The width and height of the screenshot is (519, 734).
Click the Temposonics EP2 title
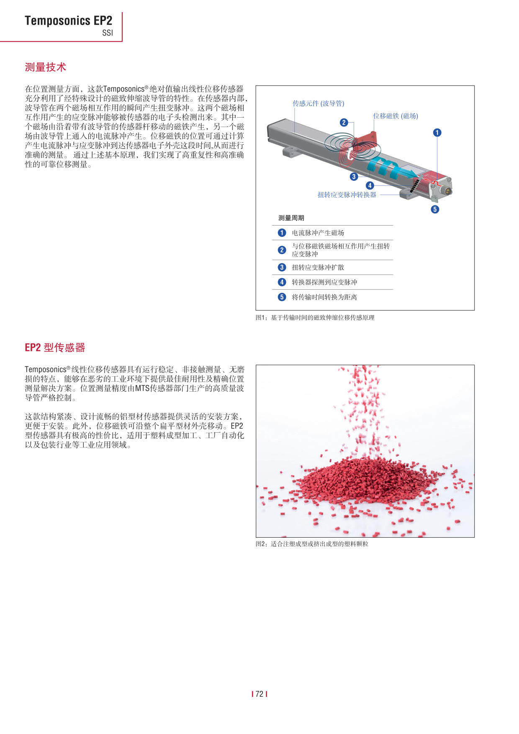point(68,21)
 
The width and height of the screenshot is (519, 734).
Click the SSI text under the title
point(107,33)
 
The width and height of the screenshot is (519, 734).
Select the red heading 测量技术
point(45,67)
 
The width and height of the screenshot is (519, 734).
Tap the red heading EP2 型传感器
point(55,347)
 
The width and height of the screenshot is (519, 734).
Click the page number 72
point(259,694)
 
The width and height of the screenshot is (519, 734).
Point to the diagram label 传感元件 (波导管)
point(318,103)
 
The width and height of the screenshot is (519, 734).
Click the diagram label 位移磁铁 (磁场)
point(396,116)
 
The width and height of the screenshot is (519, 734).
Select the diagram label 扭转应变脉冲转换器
point(347,195)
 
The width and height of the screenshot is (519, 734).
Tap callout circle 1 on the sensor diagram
point(437,133)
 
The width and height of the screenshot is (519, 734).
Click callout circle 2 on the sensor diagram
point(344,122)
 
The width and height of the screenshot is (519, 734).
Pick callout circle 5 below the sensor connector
point(435,209)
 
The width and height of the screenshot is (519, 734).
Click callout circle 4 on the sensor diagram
point(370,185)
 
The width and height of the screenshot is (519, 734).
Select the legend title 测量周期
point(291,218)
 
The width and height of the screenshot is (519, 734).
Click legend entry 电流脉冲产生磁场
point(318,233)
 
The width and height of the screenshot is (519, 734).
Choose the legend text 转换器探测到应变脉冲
point(324,282)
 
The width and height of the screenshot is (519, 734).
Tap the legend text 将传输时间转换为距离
point(324,297)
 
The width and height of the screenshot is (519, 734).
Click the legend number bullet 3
point(282,267)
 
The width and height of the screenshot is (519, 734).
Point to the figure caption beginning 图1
point(315,318)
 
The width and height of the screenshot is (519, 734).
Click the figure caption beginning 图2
point(312,544)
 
